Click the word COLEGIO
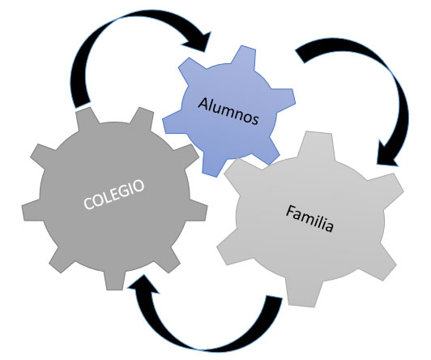click(113, 194)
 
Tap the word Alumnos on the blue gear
click(228, 111)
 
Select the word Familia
click(309, 219)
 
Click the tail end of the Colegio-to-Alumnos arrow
click(83, 105)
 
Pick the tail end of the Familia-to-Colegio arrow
click(275, 298)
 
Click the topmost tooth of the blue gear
click(244, 56)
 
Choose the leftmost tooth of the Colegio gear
click(32, 210)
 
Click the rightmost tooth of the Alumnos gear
click(284, 98)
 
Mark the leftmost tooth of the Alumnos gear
click(173, 122)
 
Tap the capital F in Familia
click(290, 211)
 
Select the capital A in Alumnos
click(203, 104)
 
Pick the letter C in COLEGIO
click(88, 204)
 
